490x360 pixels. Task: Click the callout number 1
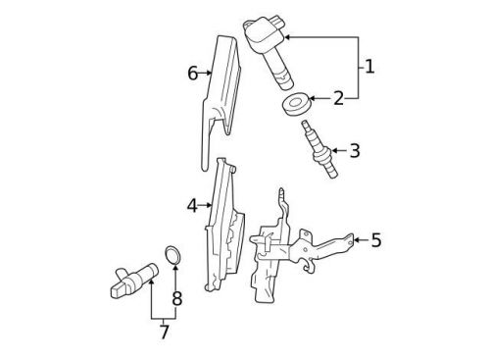369,67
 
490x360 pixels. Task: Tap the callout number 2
338,99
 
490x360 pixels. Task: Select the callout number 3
354,150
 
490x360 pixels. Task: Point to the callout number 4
192,205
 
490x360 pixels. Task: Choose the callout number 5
377,239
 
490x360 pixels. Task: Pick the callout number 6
192,73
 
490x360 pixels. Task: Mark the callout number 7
164,333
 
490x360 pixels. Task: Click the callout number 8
176,297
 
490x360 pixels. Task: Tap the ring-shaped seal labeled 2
295,105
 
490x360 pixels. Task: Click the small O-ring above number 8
173,257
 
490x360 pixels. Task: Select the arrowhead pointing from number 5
355,238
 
